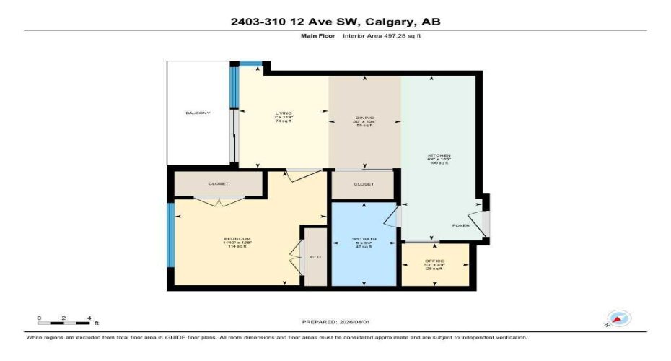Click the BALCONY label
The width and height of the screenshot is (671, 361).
[198, 113]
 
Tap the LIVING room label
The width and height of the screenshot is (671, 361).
[283, 113]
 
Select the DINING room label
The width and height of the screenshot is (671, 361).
[364, 118]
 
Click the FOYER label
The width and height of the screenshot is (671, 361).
[461, 225]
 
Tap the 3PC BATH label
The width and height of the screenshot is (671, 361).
[364, 239]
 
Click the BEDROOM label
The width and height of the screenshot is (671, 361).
[237, 239]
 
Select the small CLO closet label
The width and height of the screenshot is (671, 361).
[315, 256]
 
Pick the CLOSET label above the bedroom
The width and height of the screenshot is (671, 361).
[218, 184]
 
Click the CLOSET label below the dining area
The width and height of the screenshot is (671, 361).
[364, 184]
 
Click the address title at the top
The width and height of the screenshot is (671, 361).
[335, 22]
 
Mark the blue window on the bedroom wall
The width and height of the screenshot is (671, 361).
[171, 235]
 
